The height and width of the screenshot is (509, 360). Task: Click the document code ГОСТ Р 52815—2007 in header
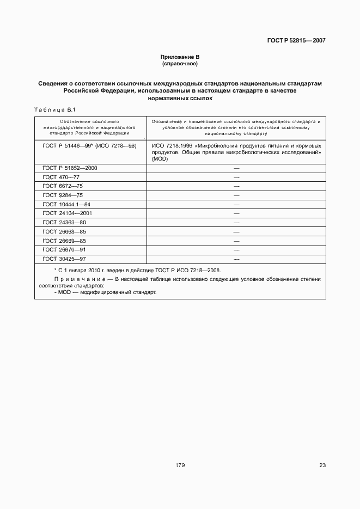tap(296, 40)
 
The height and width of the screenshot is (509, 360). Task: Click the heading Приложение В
tap(180, 57)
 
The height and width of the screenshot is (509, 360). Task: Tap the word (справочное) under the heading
tap(180, 64)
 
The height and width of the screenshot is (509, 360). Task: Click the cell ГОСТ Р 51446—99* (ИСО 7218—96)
tap(89, 146)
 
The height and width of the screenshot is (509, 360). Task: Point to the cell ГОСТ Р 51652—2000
tap(70, 168)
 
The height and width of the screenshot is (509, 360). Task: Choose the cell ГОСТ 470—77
tap(61, 177)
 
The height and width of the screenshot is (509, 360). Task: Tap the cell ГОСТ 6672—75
tap(63, 186)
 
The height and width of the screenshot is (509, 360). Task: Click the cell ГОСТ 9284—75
tap(63, 195)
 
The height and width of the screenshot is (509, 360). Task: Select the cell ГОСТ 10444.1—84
tap(66, 204)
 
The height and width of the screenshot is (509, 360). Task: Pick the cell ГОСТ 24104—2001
tap(67, 213)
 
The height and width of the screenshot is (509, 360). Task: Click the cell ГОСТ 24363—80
tap(64, 223)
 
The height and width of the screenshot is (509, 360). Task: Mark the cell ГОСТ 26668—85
tap(64, 231)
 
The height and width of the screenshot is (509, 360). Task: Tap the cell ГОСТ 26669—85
tap(64, 241)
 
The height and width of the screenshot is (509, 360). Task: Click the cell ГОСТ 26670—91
tap(64, 250)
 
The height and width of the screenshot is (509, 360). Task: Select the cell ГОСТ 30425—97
tap(64, 259)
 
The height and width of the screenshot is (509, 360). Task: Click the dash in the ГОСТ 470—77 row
tap(236, 177)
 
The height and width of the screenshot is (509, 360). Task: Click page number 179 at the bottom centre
tap(180, 465)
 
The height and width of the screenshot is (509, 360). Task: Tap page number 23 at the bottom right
tap(322, 465)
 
